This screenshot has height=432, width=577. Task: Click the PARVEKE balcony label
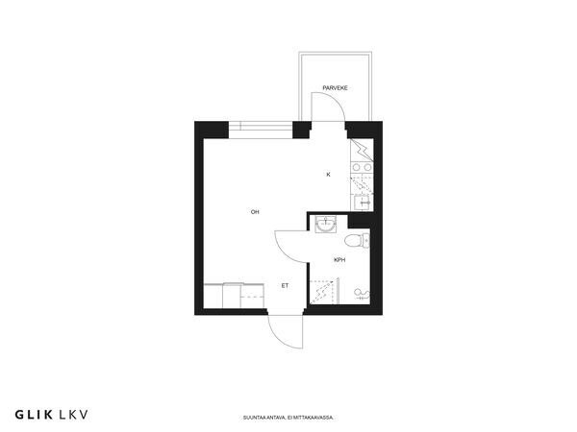335,88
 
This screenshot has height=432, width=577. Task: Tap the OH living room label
255,212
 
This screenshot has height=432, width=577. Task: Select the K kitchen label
329,175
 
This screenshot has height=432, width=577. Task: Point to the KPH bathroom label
339,260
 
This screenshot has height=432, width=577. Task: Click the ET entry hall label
285,285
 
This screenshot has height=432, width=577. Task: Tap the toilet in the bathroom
357,241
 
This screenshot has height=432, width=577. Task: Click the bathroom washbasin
326,224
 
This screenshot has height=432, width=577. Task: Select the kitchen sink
363,203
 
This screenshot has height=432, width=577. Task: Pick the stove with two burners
362,167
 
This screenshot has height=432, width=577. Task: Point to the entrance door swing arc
279,338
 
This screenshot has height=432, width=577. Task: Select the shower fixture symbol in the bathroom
362,294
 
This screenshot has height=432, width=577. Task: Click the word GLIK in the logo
34,415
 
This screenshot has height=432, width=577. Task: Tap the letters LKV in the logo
73,415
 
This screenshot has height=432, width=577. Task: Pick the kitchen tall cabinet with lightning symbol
362,150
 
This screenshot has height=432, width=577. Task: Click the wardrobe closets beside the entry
235,296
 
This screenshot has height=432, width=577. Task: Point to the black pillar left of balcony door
301,130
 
